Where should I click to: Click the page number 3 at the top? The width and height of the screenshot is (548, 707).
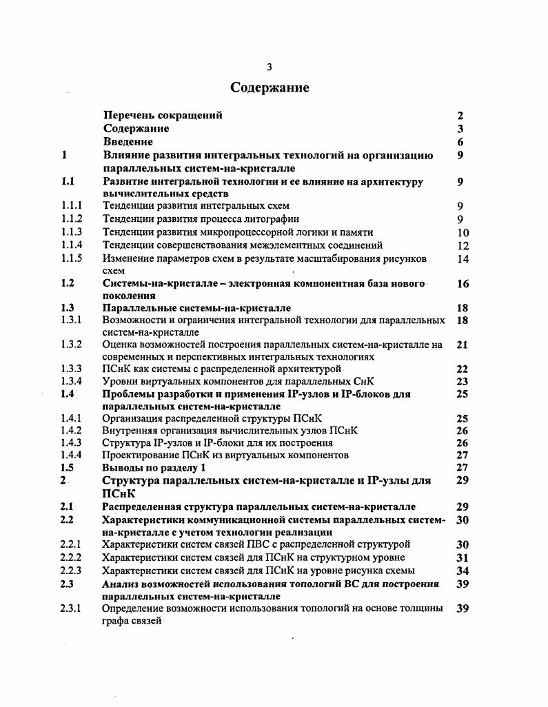point(270,67)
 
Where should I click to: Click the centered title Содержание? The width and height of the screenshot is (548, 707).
point(270,88)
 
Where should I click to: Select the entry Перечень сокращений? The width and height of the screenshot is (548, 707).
point(163,116)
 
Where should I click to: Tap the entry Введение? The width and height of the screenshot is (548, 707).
point(128,142)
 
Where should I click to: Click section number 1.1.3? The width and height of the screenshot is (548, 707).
point(72,232)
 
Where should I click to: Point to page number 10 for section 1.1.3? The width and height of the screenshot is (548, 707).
point(463,233)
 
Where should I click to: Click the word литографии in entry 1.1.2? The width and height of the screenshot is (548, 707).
point(264,219)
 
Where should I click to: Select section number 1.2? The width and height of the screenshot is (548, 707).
point(67,283)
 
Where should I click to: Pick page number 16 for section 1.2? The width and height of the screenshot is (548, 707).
point(463,284)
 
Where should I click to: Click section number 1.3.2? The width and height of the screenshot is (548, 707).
point(72,345)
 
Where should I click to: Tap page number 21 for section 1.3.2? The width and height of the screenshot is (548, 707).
point(463,345)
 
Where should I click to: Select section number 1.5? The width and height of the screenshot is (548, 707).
point(67,467)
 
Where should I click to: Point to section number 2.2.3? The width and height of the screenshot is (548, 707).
point(72,571)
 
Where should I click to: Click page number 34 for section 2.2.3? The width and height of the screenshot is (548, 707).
point(463,571)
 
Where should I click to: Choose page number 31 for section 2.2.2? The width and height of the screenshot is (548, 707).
point(463,557)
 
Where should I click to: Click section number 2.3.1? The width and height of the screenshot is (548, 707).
point(72,608)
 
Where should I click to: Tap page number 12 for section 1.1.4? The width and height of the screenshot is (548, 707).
point(463,245)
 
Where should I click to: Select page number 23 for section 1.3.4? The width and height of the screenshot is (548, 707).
point(463,382)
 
